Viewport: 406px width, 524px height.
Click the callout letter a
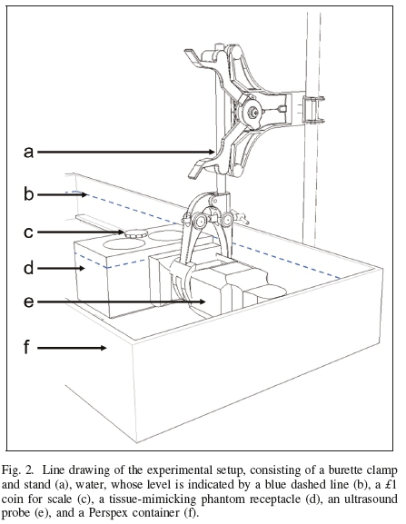29,152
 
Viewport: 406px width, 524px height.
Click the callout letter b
29,193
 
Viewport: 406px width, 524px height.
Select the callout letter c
28,232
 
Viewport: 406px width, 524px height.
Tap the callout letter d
29,268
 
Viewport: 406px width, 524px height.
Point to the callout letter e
29,302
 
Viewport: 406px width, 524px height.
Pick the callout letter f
27,347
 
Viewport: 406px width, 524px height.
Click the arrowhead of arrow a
212,152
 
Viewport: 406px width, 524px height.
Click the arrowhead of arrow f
103,348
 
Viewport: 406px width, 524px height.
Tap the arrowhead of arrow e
202,302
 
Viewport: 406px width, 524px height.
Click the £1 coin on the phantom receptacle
136,233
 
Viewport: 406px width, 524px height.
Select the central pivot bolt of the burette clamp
253,112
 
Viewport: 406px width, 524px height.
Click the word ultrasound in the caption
362,499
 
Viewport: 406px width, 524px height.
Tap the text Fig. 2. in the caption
17,470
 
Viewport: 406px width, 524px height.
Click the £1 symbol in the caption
390,484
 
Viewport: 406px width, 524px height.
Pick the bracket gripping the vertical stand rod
313,109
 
